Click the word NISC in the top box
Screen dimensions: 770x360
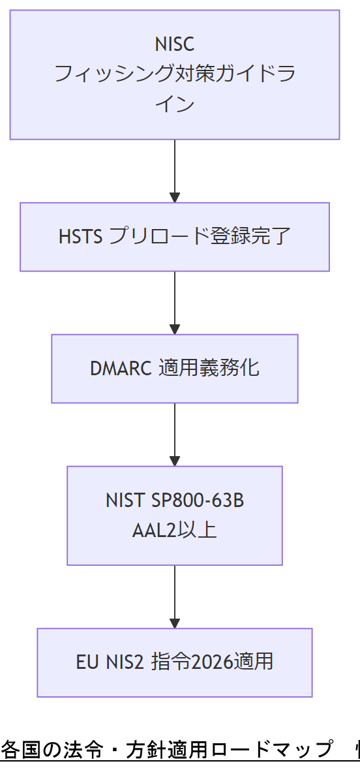coord(174,44)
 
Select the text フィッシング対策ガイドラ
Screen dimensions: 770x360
coord(174,74)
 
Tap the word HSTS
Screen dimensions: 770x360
coord(81,236)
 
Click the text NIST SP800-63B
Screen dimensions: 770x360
coord(174,501)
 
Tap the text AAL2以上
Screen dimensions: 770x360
coord(174,530)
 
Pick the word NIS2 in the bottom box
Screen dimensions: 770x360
coord(126,662)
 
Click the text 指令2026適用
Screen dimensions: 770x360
coord(212,662)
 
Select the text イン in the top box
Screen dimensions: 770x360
coord(174,104)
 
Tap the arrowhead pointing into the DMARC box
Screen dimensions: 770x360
coord(174,329)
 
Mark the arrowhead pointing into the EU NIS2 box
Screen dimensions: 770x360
coord(174,623)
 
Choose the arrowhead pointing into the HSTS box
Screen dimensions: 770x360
coord(174,197)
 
